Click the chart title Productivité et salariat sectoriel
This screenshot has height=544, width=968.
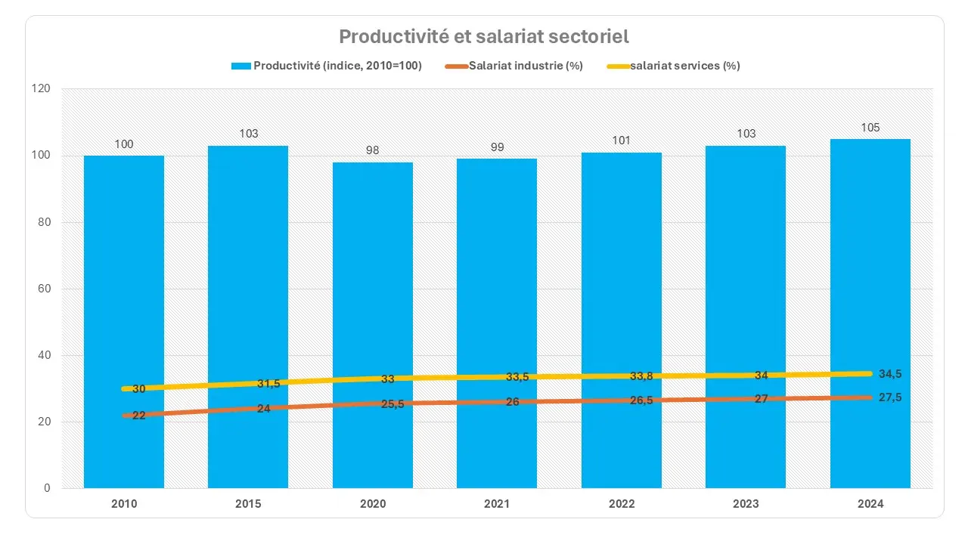point(484,36)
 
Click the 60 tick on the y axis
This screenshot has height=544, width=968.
point(44,289)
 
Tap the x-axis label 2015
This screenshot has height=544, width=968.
point(248,504)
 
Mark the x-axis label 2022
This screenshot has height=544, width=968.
point(622,504)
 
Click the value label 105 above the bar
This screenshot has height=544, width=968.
point(870,128)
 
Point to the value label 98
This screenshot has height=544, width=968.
point(373,150)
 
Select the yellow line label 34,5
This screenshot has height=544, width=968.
point(891,374)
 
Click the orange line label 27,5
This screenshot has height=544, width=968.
point(891,397)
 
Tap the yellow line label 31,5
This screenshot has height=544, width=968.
point(268,384)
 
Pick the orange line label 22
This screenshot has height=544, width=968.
point(139,416)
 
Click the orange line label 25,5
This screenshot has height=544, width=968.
point(392,404)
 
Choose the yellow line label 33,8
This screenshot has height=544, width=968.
point(642,376)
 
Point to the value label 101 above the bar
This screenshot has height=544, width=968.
point(622,141)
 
